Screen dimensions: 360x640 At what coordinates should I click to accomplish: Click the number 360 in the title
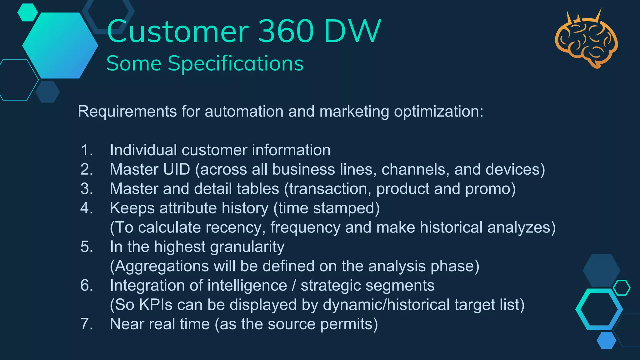[286, 31]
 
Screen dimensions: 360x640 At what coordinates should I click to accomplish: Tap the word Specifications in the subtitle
[236, 64]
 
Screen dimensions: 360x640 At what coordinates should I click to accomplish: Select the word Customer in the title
[177, 31]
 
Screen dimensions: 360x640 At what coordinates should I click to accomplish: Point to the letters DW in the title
[352, 31]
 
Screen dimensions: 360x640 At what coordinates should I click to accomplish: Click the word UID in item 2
[176, 170]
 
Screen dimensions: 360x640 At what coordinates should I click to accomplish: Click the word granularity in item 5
[247, 247]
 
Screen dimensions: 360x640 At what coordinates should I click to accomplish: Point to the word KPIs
[156, 305]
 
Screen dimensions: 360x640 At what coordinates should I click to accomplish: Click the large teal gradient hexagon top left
[60, 45]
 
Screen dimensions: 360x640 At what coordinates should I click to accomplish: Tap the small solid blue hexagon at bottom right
[606, 340]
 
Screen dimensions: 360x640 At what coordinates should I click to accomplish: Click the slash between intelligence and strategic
[294, 286]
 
